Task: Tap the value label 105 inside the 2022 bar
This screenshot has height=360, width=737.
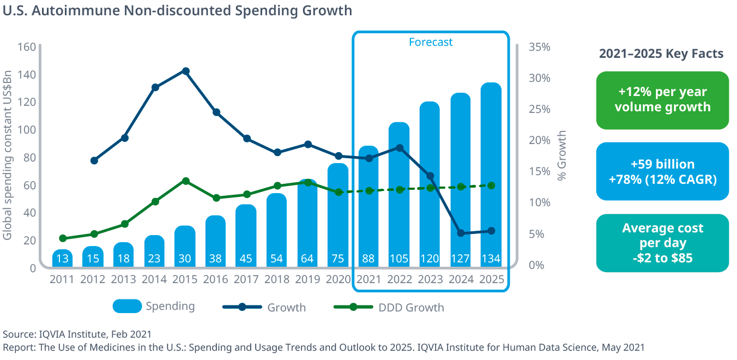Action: [x=399, y=259]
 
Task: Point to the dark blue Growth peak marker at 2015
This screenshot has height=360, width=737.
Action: [x=185, y=71]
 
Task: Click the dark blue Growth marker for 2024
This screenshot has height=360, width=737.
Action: [x=461, y=233]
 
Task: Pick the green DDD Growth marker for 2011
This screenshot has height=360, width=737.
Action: [x=63, y=238]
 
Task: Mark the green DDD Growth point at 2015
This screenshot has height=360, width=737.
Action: [x=185, y=181]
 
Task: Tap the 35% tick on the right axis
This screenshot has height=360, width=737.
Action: [x=540, y=47]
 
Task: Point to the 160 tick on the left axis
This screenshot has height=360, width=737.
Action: [x=26, y=47]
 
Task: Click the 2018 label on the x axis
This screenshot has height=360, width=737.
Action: [x=277, y=280]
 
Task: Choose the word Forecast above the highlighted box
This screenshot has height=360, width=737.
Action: [x=431, y=42]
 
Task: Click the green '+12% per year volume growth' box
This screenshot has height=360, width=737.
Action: [x=662, y=100]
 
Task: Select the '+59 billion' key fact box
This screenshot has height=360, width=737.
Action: [x=662, y=171]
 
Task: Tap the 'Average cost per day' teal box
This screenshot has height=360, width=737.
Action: [x=662, y=243]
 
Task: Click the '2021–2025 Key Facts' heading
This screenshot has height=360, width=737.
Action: [x=661, y=53]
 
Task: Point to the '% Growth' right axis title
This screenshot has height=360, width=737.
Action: [x=561, y=155]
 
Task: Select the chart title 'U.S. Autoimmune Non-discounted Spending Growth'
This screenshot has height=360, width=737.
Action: [x=178, y=10]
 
